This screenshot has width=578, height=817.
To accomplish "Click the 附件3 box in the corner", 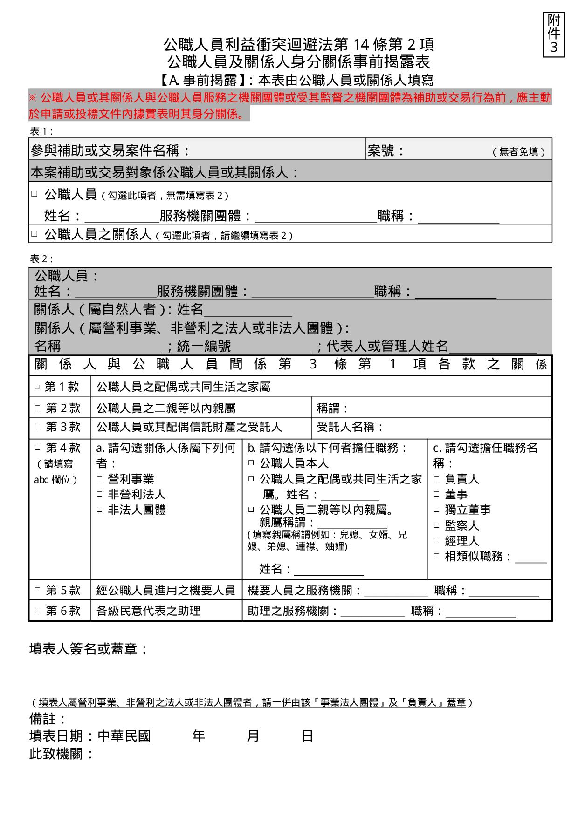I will click(x=554, y=34).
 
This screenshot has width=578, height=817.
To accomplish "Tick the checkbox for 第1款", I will click(x=37, y=387).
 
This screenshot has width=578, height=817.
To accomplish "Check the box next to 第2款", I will click(x=38, y=408).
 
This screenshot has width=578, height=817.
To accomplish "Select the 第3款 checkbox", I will click(x=38, y=427).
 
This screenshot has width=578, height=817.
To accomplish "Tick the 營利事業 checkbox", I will click(x=100, y=479).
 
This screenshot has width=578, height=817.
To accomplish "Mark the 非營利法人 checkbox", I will click(x=100, y=494).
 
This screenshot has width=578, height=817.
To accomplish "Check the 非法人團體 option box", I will click(x=100, y=510).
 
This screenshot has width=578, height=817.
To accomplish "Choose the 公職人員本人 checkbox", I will click(x=251, y=463).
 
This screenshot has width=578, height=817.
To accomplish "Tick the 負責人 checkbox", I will click(x=437, y=479).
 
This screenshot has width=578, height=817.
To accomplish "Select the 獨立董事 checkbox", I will click(x=437, y=510).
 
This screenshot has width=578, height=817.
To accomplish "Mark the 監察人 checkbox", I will click(x=437, y=525).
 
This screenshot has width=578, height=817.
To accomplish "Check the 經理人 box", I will click(x=437, y=541).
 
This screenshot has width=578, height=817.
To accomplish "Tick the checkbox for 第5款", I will click(x=38, y=591).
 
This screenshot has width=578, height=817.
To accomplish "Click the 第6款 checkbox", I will click(x=38, y=611).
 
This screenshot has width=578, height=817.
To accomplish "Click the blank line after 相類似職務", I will click(x=530, y=557).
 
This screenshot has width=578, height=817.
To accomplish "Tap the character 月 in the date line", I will click(x=253, y=736).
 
